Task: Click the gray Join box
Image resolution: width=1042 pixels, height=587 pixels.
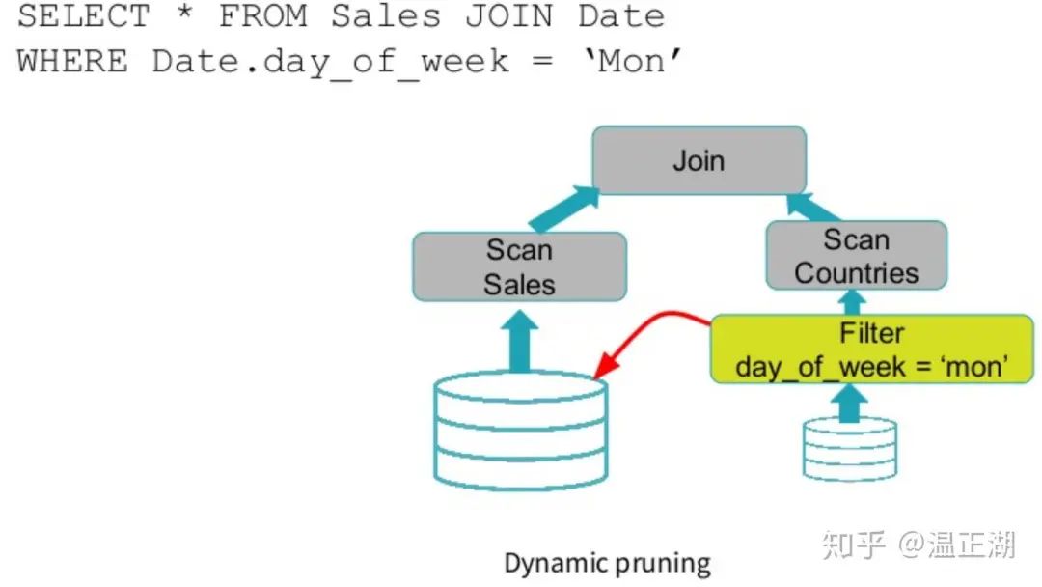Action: (x=698, y=159)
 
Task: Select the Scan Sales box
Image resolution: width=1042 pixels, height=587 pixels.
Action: (x=519, y=266)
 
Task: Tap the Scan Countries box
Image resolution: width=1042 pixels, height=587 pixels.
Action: (x=856, y=255)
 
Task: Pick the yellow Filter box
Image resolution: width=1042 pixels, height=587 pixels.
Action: (x=871, y=349)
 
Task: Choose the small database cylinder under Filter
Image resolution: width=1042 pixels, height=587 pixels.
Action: (x=849, y=448)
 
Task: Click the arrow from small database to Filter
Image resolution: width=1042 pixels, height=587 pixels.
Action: (x=848, y=402)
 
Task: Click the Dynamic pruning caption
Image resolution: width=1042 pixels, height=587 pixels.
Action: (x=607, y=563)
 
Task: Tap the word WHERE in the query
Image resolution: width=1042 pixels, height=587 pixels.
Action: (x=72, y=61)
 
